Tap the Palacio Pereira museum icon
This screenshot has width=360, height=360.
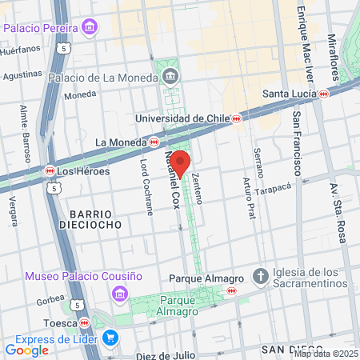(x=89, y=29)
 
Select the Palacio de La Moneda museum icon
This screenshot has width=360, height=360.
(x=170, y=77)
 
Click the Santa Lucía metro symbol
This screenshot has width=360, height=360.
(x=324, y=94)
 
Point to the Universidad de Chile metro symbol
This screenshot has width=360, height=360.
(x=237, y=118)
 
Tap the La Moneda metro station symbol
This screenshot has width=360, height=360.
(x=153, y=142)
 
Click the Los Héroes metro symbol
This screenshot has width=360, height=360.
(x=50, y=170)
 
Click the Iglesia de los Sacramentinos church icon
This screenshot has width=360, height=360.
(x=260, y=278)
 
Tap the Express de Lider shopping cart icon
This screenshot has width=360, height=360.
(x=110, y=338)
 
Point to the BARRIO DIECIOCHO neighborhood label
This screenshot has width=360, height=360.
(x=95, y=219)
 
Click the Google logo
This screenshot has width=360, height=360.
(x=26, y=350)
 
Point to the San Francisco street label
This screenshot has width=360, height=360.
(x=296, y=144)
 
